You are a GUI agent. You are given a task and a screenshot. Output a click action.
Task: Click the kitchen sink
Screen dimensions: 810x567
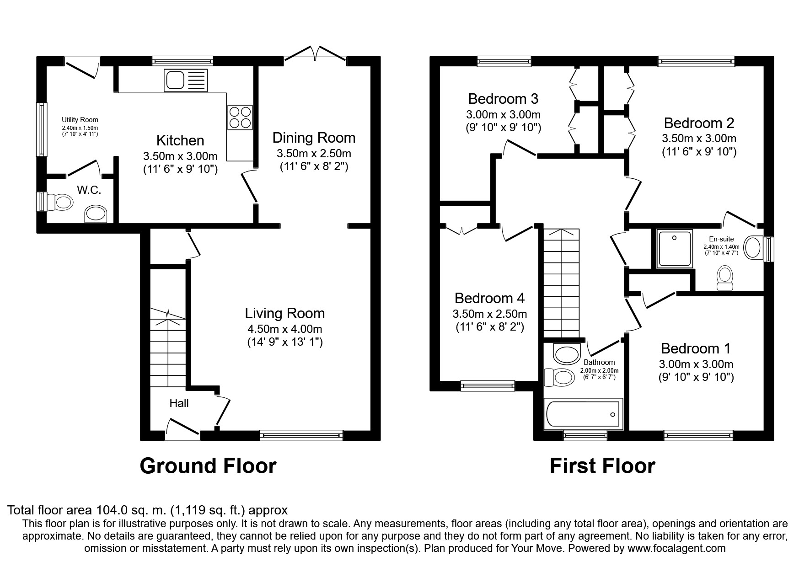point(185,80)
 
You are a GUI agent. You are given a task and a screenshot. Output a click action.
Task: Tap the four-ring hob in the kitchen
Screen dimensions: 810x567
point(240,117)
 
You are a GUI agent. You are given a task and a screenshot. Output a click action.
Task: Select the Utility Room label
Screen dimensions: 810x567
point(80,120)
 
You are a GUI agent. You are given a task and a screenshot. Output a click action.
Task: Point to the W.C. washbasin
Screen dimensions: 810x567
point(96,214)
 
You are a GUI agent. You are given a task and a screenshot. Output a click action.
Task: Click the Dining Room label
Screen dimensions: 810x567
point(314,138)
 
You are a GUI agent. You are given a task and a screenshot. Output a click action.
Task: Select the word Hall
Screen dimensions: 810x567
point(179,403)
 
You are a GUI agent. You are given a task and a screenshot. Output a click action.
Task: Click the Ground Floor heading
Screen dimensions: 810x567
point(208,466)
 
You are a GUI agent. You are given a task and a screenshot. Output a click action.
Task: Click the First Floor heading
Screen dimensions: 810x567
point(602,466)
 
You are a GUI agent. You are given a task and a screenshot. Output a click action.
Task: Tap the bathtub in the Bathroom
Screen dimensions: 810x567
point(583,414)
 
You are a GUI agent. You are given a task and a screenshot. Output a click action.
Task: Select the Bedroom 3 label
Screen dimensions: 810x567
point(503,99)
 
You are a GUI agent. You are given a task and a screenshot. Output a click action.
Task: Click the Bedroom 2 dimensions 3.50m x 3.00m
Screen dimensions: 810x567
point(699,139)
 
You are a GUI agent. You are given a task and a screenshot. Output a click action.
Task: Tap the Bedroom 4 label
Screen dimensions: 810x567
point(489,298)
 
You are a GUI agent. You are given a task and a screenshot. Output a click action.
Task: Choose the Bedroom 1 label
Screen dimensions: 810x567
point(696,348)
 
